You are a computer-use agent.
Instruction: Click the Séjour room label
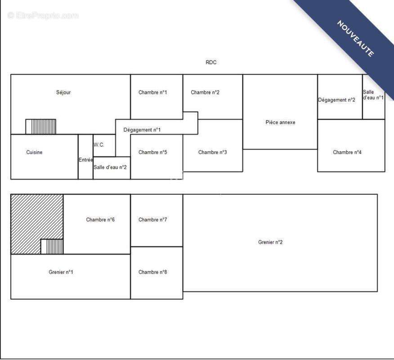pyautogui.click(x=63, y=93)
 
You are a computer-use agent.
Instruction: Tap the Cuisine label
pyautogui.click(x=34, y=153)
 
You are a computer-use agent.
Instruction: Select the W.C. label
pyautogui.click(x=99, y=145)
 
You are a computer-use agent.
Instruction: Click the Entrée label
pyautogui.click(x=86, y=160)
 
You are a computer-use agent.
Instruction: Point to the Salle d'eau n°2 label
pyautogui.click(x=110, y=167)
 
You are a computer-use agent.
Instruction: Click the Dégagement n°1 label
pyautogui.click(x=142, y=130)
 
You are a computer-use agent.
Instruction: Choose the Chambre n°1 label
pyautogui.click(x=152, y=93)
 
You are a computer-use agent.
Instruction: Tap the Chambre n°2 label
pyautogui.click(x=205, y=93)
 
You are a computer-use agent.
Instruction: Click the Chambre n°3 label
pyautogui.click(x=213, y=153)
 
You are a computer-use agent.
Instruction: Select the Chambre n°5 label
pyautogui.click(x=152, y=153)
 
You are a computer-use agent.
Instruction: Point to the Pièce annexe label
pyautogui.click(x=280, y=122)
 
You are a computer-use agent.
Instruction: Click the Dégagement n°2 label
pyautogui.click(x=337, y=100)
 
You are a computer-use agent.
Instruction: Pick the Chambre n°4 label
pyautogui.click(x=347, y=153)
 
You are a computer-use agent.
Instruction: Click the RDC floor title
pyautogui.click(x=211, y=63)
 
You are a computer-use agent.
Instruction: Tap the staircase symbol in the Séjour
pyautogui.click(x=41, y=127)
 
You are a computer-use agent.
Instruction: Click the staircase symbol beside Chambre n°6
pyautogui.click(x=52, y=247)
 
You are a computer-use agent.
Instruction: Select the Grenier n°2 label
pyautogui.click(x=270, y=242)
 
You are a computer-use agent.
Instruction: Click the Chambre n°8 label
pyautogui.click(x=152, y=272)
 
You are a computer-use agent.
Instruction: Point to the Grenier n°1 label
pyautogui.click(x=61, y=272)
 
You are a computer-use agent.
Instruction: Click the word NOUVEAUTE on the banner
pyautogui.click(x=355, y=38)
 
